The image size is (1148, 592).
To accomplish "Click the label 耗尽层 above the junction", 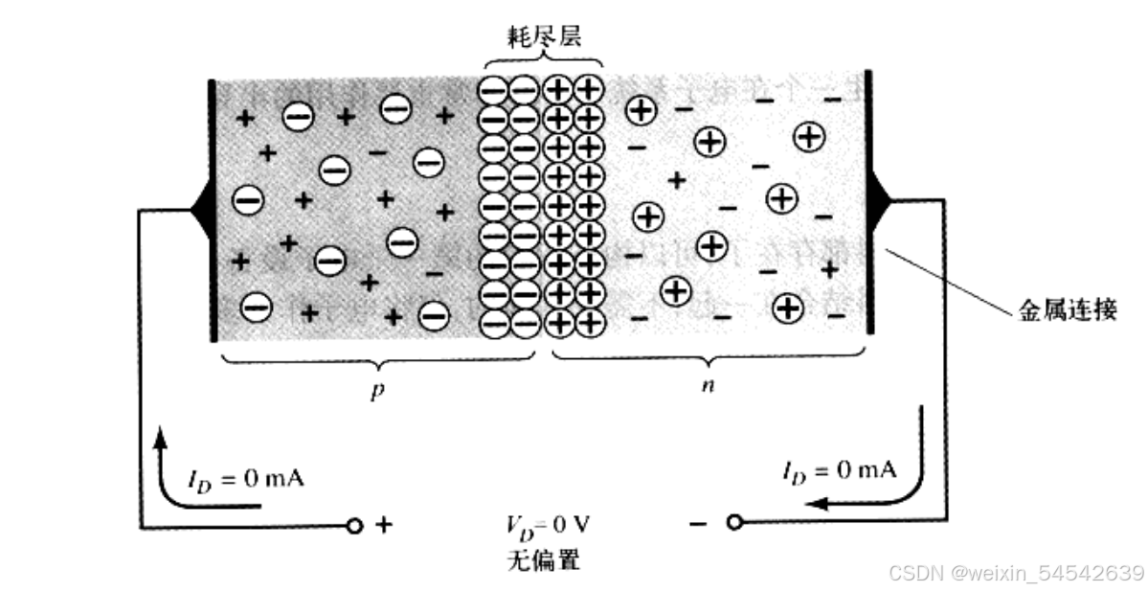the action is tap(543, 35).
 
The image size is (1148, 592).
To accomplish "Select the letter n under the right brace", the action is tap(709, 387).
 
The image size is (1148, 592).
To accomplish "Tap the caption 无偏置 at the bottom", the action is tap(542, 559).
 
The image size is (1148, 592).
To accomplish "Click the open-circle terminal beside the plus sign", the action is tap(354, 526).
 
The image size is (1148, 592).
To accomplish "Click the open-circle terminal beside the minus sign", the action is tap(733, 523).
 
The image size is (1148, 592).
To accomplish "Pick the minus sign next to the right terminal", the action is tap(699, 523).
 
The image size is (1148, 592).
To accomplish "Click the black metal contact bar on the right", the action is tap(869, 201).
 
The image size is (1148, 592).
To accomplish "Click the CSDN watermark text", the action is tap(1017, 573).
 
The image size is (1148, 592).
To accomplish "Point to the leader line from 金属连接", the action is tap(948, 280).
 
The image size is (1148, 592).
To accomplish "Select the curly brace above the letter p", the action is tap(377, 362).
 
